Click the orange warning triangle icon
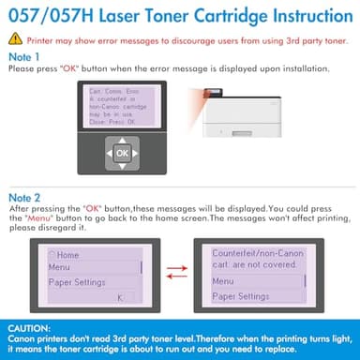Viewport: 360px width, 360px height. (x=15, y=40)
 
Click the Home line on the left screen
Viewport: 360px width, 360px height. (x=67, y=254)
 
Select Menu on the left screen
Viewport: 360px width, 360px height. (x=60, y=266)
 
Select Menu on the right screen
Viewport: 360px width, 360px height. (x=224, y=280)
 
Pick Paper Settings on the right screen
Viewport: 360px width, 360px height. (x=242, y=296)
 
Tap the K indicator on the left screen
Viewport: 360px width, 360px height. (x=120, y=297)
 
